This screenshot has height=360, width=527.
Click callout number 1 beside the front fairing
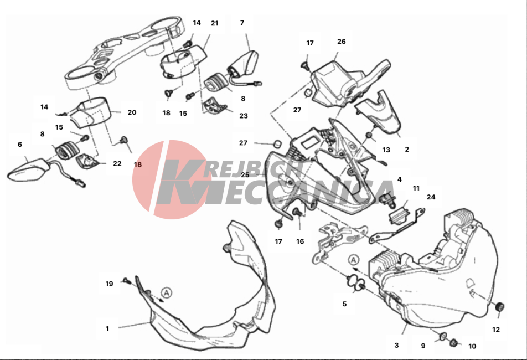107,328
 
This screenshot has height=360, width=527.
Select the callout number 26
341,42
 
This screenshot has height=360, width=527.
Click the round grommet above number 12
500,307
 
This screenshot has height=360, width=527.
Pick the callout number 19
109,284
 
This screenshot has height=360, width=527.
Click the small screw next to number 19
126,280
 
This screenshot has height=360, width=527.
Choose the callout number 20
132,112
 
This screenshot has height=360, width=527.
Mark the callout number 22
117,164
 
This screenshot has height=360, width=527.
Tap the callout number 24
431,197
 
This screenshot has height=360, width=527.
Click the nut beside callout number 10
453,342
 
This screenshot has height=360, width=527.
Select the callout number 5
344,304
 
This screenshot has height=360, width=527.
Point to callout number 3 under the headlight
396,345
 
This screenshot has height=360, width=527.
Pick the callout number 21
214,23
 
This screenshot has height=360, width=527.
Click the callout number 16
300,241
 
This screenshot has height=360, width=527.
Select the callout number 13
386,150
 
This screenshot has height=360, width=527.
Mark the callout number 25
245,175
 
